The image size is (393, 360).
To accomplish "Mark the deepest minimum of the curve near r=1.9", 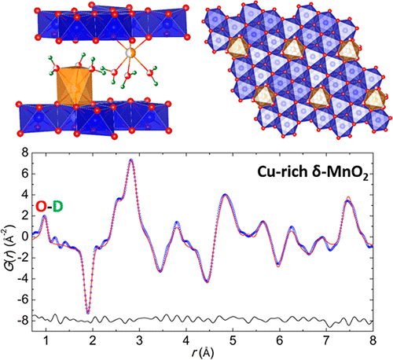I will pos(88,312).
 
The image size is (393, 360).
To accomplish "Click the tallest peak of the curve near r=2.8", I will pos(131,160).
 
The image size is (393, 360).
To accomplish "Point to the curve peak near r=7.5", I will pos(348,200).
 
